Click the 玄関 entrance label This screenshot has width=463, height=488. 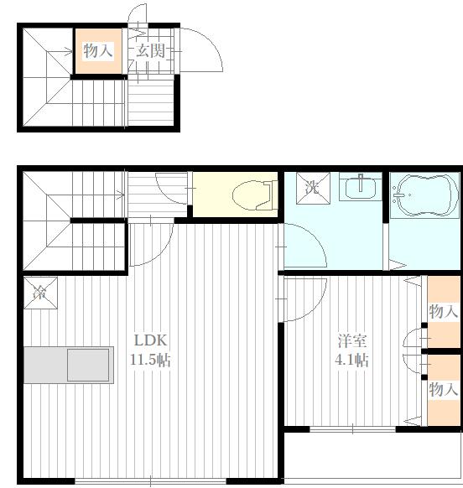(151, 51)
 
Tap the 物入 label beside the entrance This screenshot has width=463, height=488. (98, 51)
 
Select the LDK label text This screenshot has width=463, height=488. (151, 340)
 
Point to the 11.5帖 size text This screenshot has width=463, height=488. (150, 360)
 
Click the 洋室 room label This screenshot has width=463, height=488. (352, 340)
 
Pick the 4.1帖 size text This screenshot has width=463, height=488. (351, 360)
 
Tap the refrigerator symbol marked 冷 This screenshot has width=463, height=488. (41, 293)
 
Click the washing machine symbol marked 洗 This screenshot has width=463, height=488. (313, 188)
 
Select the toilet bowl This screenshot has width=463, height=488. (255, 195)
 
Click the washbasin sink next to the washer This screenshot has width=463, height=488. (361, 187)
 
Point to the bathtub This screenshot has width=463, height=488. (424, 195)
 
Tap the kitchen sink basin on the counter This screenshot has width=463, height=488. (88, 365)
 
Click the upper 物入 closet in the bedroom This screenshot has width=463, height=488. (444, 312)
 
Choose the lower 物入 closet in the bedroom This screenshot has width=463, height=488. (444, 390)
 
